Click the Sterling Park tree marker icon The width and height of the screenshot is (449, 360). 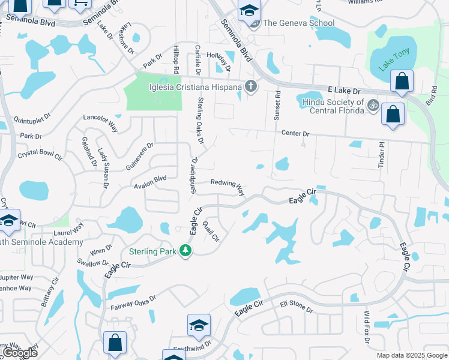(x=186, y=251)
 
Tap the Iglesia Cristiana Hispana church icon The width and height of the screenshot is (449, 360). (x=251, y=88)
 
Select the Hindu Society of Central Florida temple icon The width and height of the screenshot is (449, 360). (x=373, y=106)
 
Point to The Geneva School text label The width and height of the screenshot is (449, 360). (x=298, y=23)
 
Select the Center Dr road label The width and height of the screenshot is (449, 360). (x=295, y=134)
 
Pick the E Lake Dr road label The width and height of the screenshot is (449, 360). (x=343, y=90)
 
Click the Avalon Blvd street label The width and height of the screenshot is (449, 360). (x=150, y=179)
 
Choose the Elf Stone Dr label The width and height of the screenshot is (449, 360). (x=297, y=307)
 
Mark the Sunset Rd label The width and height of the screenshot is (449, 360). (x=277, y=106)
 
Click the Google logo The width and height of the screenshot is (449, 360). (x=20, y=353)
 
